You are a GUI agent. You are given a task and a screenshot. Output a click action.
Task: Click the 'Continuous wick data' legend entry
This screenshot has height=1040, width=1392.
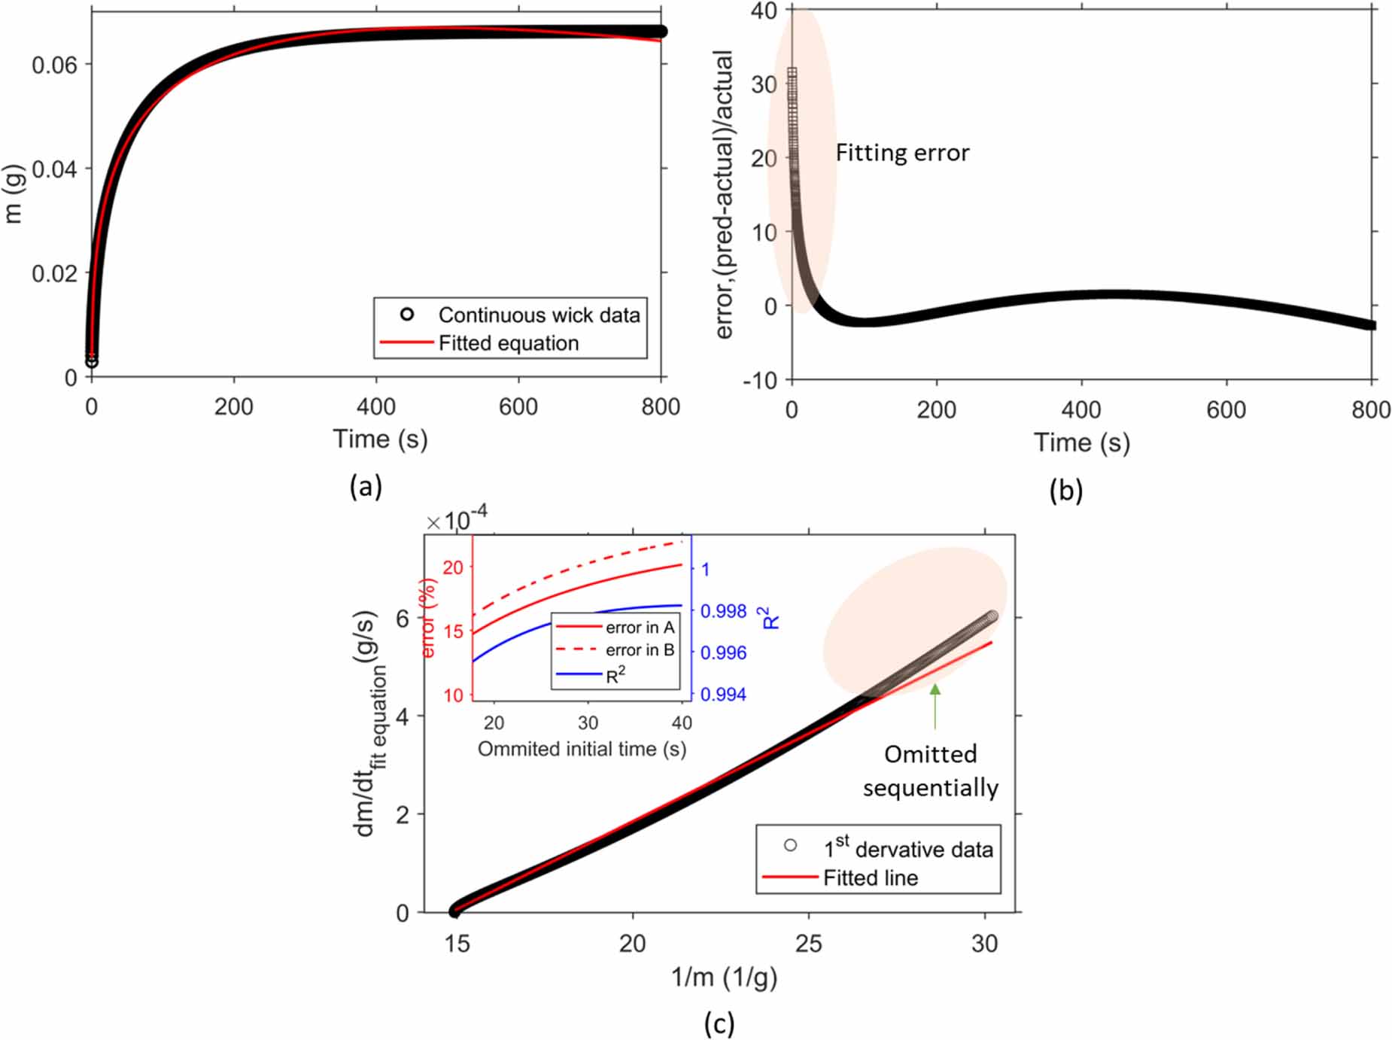pyautogui.click(x=539, y=315)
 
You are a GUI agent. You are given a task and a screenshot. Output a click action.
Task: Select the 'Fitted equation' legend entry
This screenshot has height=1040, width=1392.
pyautogui.click(x=508, y=343)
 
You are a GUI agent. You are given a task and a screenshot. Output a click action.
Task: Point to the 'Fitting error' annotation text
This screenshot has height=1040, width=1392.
pyautogui.click(x=902, y=153)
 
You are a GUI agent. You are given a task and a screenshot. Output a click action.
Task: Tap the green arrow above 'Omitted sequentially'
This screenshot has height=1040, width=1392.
pyautogui.click(x=935, y=705)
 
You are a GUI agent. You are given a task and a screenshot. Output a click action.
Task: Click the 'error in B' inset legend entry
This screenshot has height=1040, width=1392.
pyautogui.click(x=639, y=649)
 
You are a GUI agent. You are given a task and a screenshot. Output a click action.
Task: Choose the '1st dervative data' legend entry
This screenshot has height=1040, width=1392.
pyautogui.click(x=908, y=849)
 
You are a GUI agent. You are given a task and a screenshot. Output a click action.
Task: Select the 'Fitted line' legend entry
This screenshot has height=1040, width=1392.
pyautogui.click(x=870, y=877)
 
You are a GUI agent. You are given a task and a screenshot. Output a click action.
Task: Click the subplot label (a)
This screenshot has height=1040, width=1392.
pyautogui.click(x=366, y=487)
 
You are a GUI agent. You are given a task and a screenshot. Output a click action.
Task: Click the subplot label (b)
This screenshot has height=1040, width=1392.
pyautogui.click(x=1065, y=490)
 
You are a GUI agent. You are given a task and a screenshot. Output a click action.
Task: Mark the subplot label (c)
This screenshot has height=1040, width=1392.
pyautogui.click(x=719, y=1023)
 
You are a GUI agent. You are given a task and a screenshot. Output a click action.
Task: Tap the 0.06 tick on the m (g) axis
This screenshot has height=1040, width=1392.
pyautogui.click(x=54, y=65)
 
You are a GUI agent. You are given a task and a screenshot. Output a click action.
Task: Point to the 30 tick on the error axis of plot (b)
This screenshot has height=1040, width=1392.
pyautogui.click(x=764, y=84)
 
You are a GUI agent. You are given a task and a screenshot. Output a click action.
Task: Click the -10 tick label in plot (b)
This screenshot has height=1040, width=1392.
pyautogui.click(x=760, y=381)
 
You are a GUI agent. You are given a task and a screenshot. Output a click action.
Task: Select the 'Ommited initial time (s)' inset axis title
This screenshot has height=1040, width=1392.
pyautogui.click(x=582, y=749)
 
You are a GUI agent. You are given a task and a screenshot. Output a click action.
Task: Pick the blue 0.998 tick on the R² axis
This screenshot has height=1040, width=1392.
pyautogui.click(x=723, y=611)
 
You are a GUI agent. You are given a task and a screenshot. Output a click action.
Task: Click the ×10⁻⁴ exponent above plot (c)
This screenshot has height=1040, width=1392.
pyautogui.click(x=457, y=519)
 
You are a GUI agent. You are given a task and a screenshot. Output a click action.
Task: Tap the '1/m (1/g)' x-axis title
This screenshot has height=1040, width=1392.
pyautogui.click(x=724, y=977)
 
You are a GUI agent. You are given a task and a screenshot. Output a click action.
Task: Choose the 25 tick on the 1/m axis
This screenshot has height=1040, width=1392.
pyautogui.click(x=808, y=943)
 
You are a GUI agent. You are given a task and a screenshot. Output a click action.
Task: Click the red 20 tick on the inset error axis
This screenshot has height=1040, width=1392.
pyautogui.click(x=453, y=567)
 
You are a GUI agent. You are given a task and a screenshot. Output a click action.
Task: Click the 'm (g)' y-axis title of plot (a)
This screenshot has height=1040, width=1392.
pyautogui.click(x=14, y=193)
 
